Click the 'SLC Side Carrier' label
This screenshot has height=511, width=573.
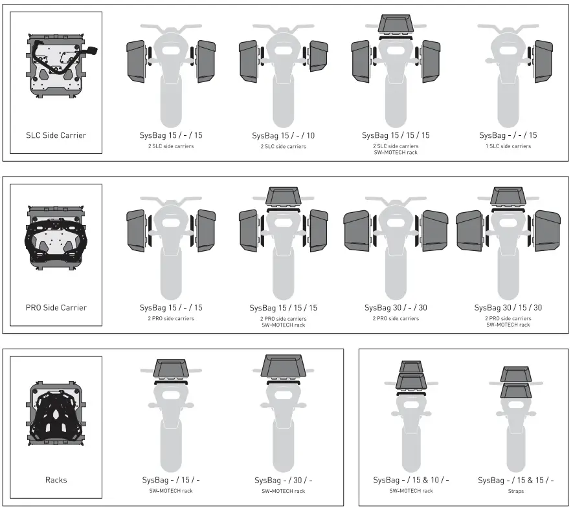pyautogui.click(x=56, y=135)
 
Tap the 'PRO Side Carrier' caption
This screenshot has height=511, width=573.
pyautogui.click(x=56, y=307)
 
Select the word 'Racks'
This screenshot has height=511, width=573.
pyautogui.click(x=56, y=479)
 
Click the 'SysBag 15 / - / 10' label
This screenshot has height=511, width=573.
pyautogui.click(x=284, y=135)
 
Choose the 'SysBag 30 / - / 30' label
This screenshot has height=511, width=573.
pyautogui.click(x=396, y=307)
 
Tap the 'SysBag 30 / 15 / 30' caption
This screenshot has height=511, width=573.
pyautogui.click(x=508, y=307)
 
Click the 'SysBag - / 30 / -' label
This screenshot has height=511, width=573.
pyautogui.click(x=284, y=480)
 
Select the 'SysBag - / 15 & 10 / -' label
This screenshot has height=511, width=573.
pyautogui.click(x=411, y=480)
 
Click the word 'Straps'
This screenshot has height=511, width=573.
pyautogui.click(x=516, y=491)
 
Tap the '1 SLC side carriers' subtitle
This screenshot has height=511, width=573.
pyautogui.click(x=508, y=146)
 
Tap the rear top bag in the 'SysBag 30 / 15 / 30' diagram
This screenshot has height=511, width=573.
pyautogui.click(x=508, y=196)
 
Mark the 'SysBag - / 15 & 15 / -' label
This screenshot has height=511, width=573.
pyautogui.click(x=516, y=480)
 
